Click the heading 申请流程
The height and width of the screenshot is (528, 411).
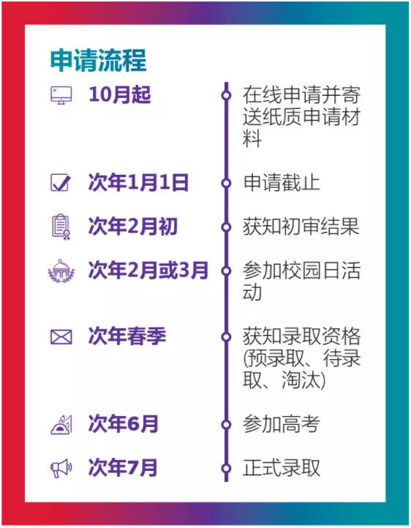[x=98, y=60]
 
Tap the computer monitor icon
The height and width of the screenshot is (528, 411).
[x=61, y=95]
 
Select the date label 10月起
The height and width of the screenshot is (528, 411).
[x=119, y=94]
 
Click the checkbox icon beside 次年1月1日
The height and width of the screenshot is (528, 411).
[x=61, y=183]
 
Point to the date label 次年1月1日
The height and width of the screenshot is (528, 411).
[x=138, y=183]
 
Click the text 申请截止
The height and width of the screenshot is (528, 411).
[x=282, y=183]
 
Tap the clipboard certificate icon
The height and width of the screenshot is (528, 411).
[x=61, y=227]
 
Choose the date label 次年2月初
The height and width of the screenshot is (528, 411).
[x=132, y=226]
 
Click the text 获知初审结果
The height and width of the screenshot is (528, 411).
[x=301, y=226]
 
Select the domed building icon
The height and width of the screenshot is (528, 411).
[x=61, y=271]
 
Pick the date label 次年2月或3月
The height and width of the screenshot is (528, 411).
[x=148, y=270]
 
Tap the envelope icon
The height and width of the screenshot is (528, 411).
[x=61, y=336]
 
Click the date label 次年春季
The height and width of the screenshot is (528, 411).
[x=127, y=336]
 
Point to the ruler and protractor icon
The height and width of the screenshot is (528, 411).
[x=61, y=424]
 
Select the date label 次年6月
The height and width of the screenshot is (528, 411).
[x=123, y=423]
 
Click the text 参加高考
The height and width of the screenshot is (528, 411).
[x=282, y=424]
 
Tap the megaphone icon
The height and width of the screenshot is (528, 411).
[x=61, y=468]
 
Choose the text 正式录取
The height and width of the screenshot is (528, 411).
[x=282, y=468]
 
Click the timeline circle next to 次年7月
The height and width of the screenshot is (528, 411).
[x=226, y=468]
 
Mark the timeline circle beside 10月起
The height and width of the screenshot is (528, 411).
[x=226, y=95]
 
